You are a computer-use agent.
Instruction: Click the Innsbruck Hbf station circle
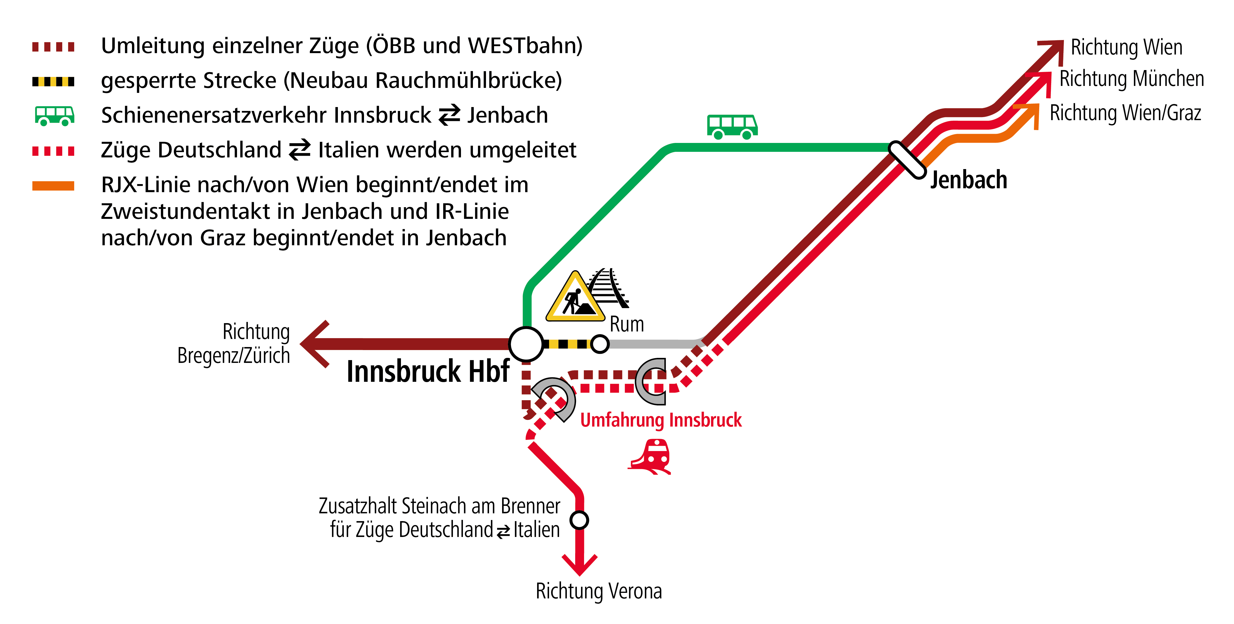tap(526, 344)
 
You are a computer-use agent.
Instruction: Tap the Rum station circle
tap(600, 344)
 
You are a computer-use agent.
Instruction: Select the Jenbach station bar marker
tap(907, 160)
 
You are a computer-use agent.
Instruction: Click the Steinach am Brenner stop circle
tap(579, 519)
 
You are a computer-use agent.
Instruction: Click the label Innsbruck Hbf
tap(428, 372)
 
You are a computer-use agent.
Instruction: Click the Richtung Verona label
tap(599, 591)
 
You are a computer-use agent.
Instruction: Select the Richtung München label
tap(1131, 79)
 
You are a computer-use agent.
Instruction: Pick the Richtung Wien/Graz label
tap(1125, 113)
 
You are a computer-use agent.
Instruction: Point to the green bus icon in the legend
tap(54, 115)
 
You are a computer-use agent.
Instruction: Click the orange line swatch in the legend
tap(53, 186)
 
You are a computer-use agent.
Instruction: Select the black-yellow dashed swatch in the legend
tap(53, 81)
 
